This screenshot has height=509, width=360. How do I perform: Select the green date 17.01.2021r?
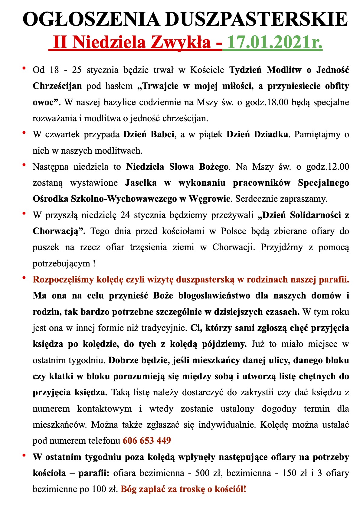coord(275,42)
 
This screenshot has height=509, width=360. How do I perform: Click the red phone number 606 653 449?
coord(147,440)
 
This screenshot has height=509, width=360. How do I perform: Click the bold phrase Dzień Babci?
coord(149,134)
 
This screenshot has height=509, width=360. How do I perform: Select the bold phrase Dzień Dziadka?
coord(257,134)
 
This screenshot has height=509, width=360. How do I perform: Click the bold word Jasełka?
coord(141,183)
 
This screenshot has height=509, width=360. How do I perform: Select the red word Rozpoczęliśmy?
coord(63,279)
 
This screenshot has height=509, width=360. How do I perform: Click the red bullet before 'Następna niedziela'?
coord(24,165)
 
